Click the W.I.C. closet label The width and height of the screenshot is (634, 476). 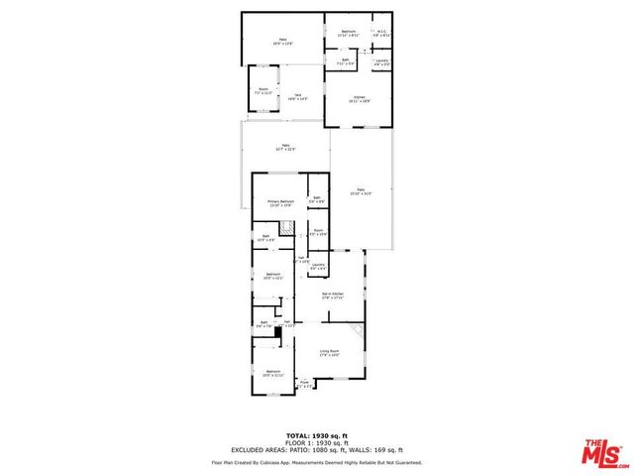pyautogui.click(x=381, y=34)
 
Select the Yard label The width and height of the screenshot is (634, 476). pyautogui.click(x=296, y=97)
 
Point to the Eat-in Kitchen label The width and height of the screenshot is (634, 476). pyautogui.click(x=332, y=296)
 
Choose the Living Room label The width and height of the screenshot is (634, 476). pyautogui.click(x=329, y=353)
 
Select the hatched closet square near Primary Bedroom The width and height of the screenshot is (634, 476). pyautogui.click(x=285, y=229)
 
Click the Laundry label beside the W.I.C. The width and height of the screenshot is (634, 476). pyautogui.click(x=381, y=62)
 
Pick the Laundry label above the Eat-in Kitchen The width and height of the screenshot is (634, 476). pyautogui.click(x=318, y=266)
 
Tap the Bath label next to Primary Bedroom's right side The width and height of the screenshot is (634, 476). pyautogui.click(x=316, y=199)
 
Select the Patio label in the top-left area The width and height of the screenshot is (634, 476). pyautogui.click(x=282, y=41)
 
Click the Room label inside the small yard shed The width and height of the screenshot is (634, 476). pyautogui.click(x=264, y=90)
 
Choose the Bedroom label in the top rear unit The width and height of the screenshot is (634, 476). pyautogui.click(x=348, y=34)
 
